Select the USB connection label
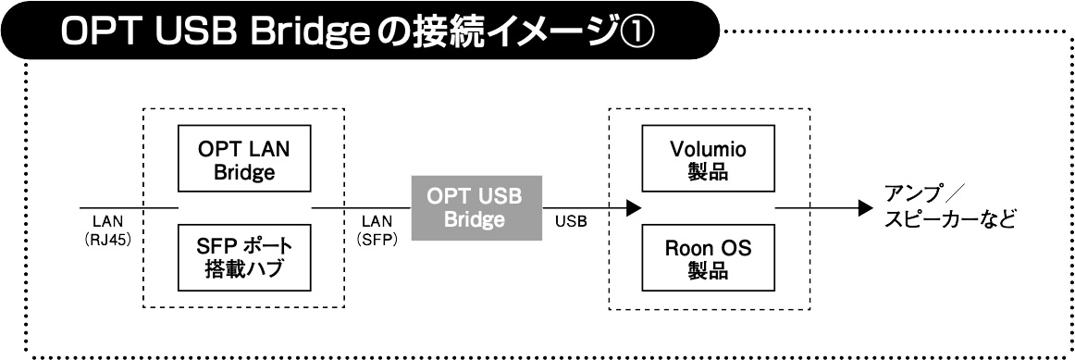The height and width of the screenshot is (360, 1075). (x=572, y=223)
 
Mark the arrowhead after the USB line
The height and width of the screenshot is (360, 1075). (x=632, y=208)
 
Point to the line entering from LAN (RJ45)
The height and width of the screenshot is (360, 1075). (x=129, y=208)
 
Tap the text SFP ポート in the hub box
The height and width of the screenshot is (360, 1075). (x=243, y=249)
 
